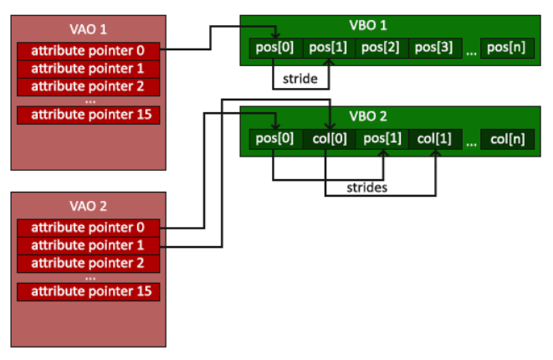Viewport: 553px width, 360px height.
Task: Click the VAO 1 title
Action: [x=88, y=29]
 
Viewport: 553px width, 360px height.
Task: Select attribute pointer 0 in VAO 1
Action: [x=88, y=51]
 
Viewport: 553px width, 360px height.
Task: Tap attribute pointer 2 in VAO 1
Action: [x=88, y=86]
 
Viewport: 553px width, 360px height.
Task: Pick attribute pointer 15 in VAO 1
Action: [x=88, y=115]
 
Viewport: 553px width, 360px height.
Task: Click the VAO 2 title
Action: [x=88, y=206]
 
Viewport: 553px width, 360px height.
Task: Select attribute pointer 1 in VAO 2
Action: [x=88, y=245]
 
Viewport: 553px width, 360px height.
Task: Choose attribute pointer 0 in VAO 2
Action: [x=88, y=228]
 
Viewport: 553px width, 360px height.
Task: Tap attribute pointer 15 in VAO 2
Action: [x=88, y=292]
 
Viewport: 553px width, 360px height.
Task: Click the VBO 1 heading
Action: [x=368, y=25]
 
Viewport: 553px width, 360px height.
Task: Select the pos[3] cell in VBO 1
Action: [x=435, y=48]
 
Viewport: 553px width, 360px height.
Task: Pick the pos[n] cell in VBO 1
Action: [x=507, y=48]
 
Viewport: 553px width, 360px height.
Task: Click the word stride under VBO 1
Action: [x=300, y=79]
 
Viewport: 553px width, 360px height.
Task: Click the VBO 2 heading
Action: [x=368, y=116]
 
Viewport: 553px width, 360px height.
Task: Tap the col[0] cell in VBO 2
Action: [x=329, y=139]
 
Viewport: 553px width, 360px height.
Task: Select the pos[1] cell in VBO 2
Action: [x=382, y=139]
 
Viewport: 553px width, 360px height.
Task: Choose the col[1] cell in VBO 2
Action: [x=435, y=139]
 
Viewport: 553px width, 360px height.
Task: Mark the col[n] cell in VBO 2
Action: [x=507, y=139]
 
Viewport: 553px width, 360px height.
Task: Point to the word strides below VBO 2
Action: [x=366, y=188]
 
